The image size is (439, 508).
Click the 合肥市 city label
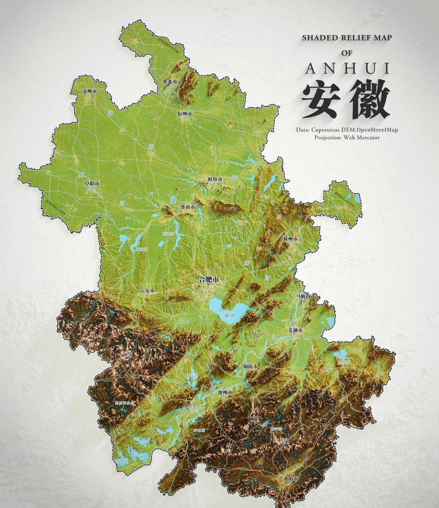[209, 280]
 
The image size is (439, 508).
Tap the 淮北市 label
[170, 82]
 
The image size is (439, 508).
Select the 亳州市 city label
[89, 91]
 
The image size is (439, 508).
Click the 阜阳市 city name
[93, 184]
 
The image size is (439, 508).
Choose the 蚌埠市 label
[215, 179]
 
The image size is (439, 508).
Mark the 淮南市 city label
[188, 207]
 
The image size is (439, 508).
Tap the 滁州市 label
[290, 238]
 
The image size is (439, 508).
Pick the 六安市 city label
[147, 290]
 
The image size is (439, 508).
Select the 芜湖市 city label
[295, 330]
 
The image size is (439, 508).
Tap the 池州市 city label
[225, 392]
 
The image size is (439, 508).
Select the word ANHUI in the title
[347, 69]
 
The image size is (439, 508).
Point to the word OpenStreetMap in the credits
[377, 130]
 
